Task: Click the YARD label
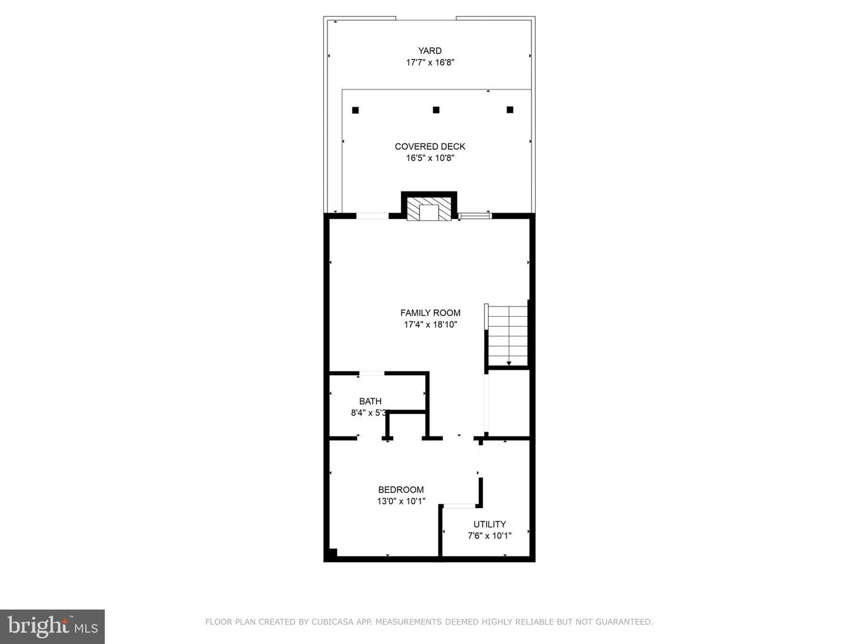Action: tap(429, 51)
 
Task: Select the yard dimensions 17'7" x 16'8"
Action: tap(429, 63)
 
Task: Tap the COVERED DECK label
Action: tap(429, 147)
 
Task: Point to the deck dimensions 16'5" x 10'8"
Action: tap(429, 159)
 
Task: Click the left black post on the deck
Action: tap(356, 110)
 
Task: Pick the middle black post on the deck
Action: tap(436, 110)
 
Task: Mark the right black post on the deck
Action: tap(510, 110)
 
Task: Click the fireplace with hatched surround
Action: tap(429, 209)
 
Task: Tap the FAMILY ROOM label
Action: tap(430, 313)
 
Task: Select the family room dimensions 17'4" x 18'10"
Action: tap(430, 324)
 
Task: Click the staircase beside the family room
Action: tap(507, 336)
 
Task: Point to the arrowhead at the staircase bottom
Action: tap(509, 364)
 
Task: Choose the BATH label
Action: tap(370, 401)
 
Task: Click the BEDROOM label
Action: tap(401, 490)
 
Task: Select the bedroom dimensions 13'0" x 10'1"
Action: tap(401, 501)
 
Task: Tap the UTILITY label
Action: tap(490, 524)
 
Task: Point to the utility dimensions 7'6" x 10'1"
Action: tap(490, 535)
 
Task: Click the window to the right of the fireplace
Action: tap(475, 215)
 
